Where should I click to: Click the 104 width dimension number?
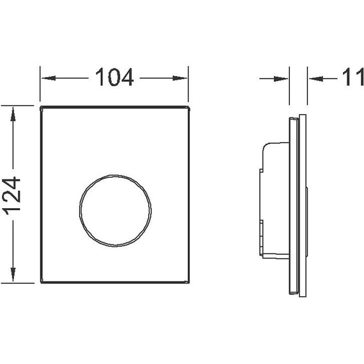click(115, 77)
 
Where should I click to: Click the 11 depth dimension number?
click(353, 77)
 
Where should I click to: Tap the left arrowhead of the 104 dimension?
click(49, 78)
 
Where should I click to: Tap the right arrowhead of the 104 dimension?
click(180, 79)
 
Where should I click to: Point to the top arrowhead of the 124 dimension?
click(13, 114)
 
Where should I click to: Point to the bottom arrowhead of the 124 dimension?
click(13, 275)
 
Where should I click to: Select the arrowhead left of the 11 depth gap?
click(281, 79)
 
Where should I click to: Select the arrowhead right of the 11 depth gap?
click(316, 79)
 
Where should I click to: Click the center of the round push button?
click(115, 210)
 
